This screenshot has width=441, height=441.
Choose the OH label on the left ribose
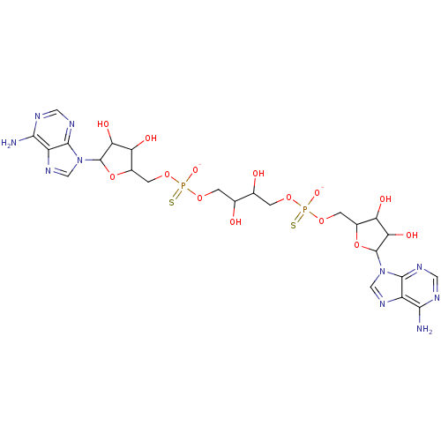pyautogui.click(x=151, y=138)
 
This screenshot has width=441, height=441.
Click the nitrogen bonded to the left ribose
pyautogui.click(x=78, y=161)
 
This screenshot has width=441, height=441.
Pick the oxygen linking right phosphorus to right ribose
pyautogui.click(x=322, y=220)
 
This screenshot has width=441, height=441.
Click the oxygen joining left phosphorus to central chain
pyautogui.click(x=199, y=197)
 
